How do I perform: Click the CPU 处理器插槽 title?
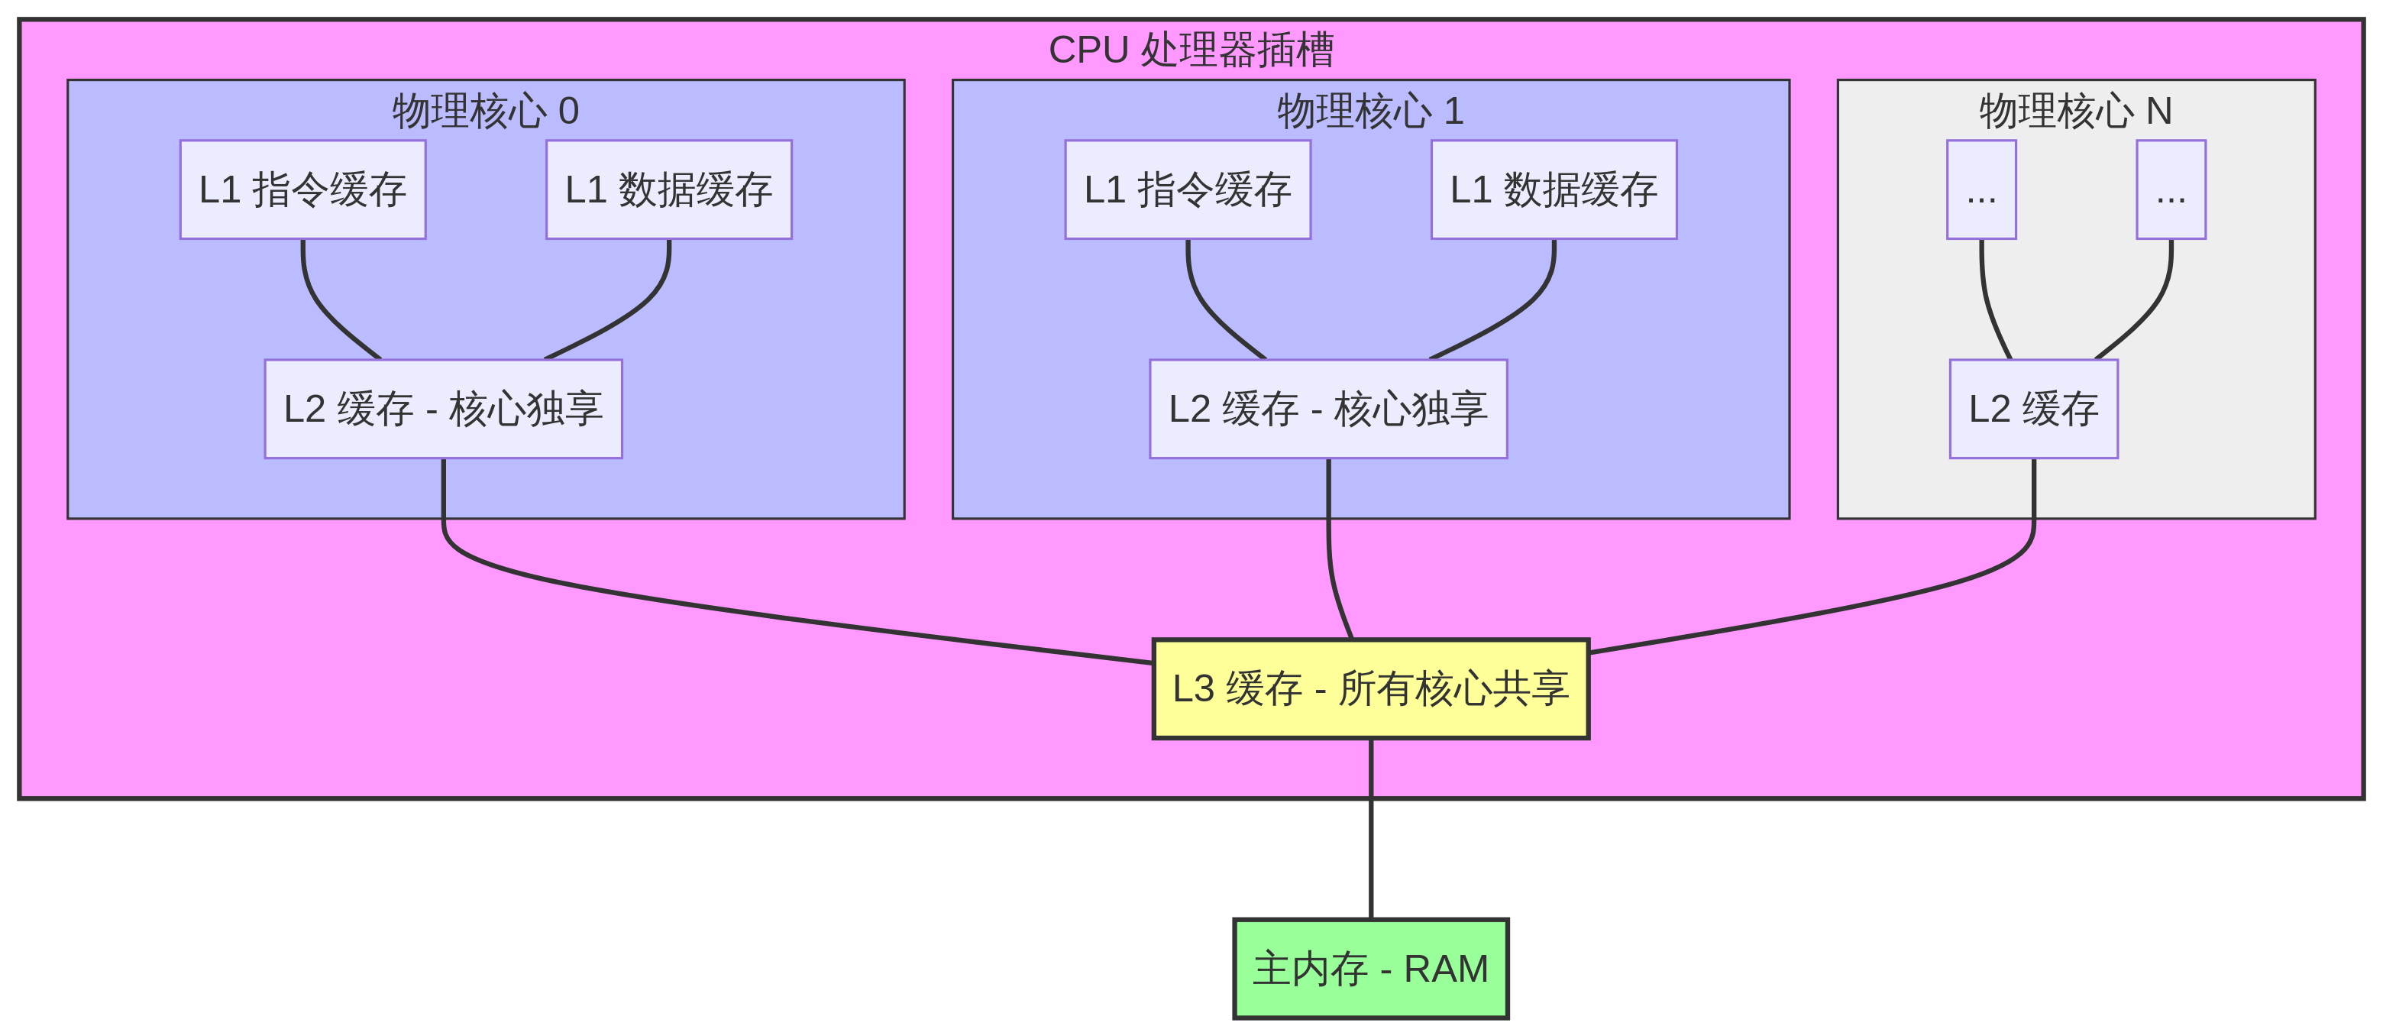(1191, 50)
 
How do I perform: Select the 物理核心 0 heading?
(486, 111)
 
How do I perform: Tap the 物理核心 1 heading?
(1370, 111)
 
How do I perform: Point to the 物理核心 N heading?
(2075, 111)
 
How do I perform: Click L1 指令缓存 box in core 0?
(302, 189)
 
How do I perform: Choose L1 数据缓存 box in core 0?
(669, 189)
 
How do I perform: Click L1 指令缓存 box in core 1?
(1188, 189)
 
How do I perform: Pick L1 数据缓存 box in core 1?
(1554, 189)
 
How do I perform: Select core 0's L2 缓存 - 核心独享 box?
(443, 409)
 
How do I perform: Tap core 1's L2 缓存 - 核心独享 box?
(1328, 409)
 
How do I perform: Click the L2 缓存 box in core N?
(2033, 409)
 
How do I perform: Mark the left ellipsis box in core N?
(1981, 189)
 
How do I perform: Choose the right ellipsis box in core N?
(2171, 189)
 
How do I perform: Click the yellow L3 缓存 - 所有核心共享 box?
(1370, 689)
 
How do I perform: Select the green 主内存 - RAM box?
(1370, 969)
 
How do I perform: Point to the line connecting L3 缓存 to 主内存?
(1370, 833)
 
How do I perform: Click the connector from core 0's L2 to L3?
(740, 614)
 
